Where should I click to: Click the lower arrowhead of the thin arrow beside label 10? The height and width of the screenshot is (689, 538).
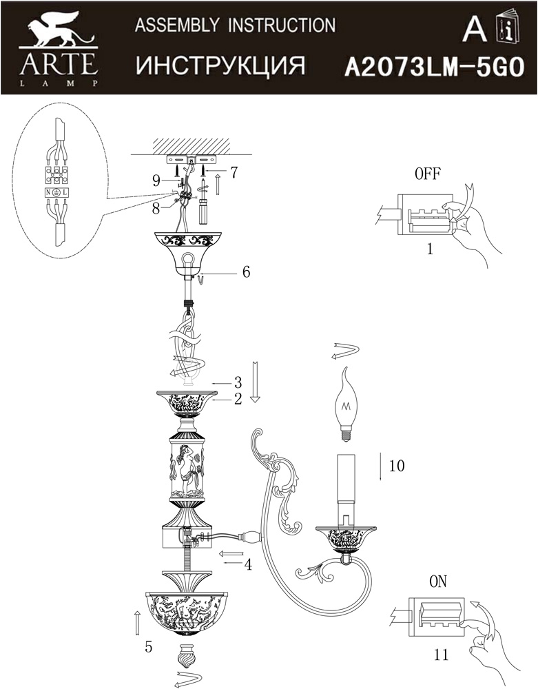point(380,479)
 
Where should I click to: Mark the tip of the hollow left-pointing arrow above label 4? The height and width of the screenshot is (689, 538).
point(219,553)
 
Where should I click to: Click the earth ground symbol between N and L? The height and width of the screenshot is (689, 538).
point(56,192)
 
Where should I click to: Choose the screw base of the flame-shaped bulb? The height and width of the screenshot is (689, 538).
point(346,434)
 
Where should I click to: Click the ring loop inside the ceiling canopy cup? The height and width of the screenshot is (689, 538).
point(189,259)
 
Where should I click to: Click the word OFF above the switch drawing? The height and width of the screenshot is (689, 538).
point(427,174)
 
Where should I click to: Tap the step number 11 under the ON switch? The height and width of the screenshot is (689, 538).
point(441,655)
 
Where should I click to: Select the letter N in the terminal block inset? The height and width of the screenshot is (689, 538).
point(48,192)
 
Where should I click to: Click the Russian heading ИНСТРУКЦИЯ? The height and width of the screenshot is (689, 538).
point(220,66)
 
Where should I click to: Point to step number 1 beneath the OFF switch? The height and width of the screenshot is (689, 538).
point(430,249)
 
